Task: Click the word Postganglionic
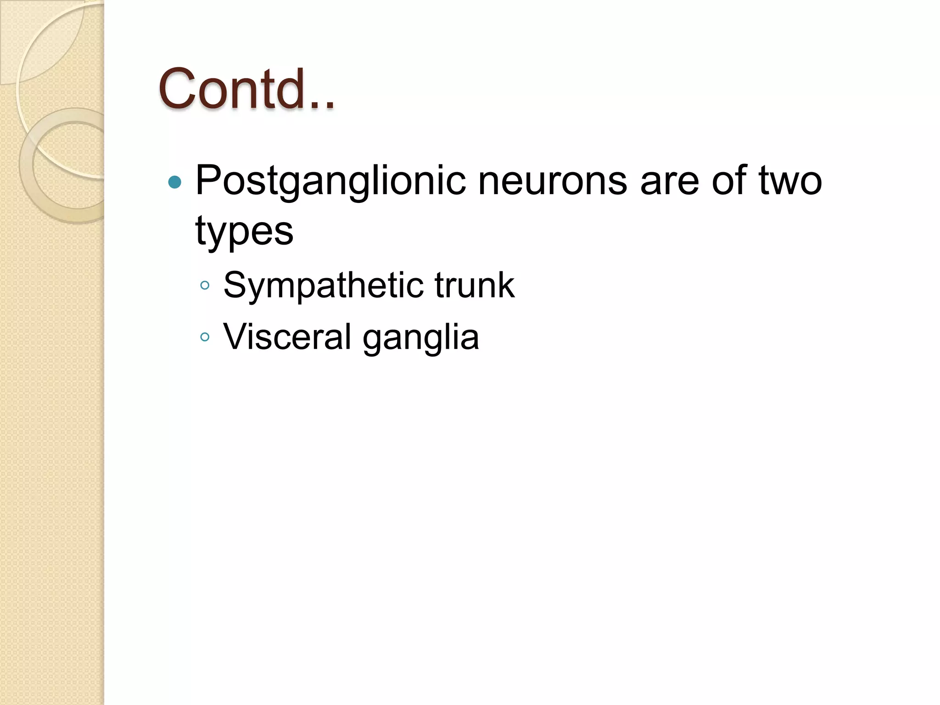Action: (x=330, y=181)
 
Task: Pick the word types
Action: (x=244, y=232)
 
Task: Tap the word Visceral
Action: (x=287, y=337)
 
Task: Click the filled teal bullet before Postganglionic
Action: (x=175, y=183)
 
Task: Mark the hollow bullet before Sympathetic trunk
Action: (x=205, y=286)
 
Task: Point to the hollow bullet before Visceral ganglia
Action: (x=205, y=337)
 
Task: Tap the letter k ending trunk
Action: (x=506, y=285)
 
